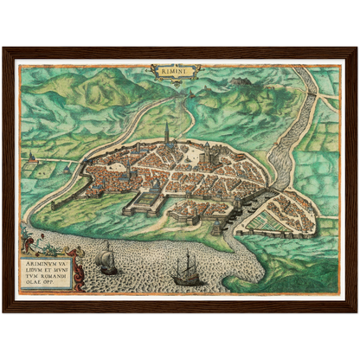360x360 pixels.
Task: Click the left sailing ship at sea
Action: [107, 259]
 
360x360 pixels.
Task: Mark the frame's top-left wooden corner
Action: [7, 51]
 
